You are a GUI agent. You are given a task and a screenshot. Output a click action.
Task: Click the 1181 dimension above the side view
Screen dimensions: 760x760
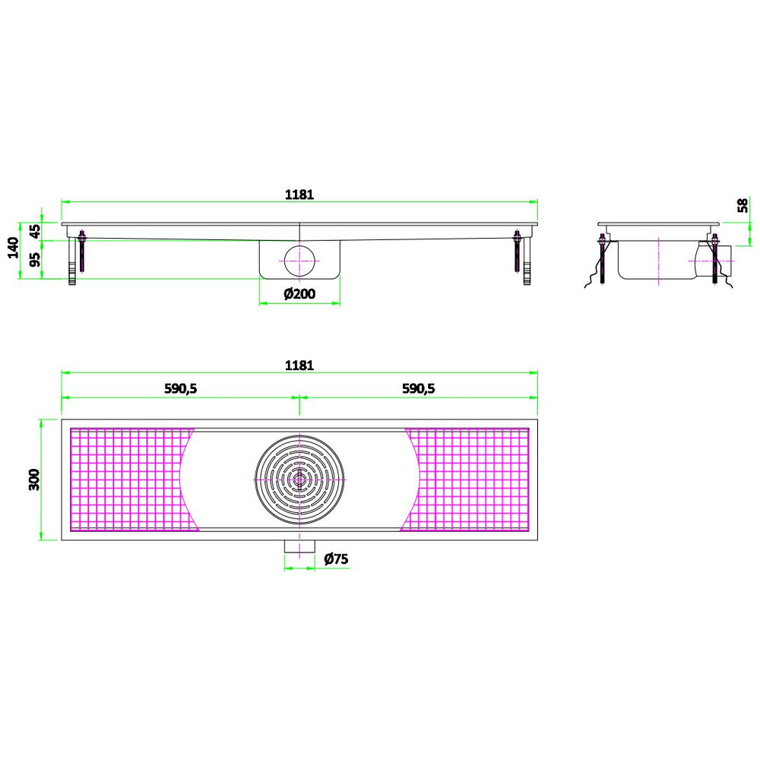299,195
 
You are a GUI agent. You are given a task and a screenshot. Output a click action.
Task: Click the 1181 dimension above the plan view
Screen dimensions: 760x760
299,365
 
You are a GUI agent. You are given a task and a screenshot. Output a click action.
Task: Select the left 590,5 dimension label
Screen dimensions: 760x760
180,388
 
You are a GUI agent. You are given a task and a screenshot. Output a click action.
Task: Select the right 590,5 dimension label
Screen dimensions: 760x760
418,388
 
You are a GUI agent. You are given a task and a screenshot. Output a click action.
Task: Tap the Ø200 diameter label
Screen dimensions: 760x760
299,293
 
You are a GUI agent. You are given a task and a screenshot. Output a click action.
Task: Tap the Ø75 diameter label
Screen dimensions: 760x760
336,559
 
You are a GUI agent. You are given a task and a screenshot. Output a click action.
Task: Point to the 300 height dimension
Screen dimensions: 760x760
34,480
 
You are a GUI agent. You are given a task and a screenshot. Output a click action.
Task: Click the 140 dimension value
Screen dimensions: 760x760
13,248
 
